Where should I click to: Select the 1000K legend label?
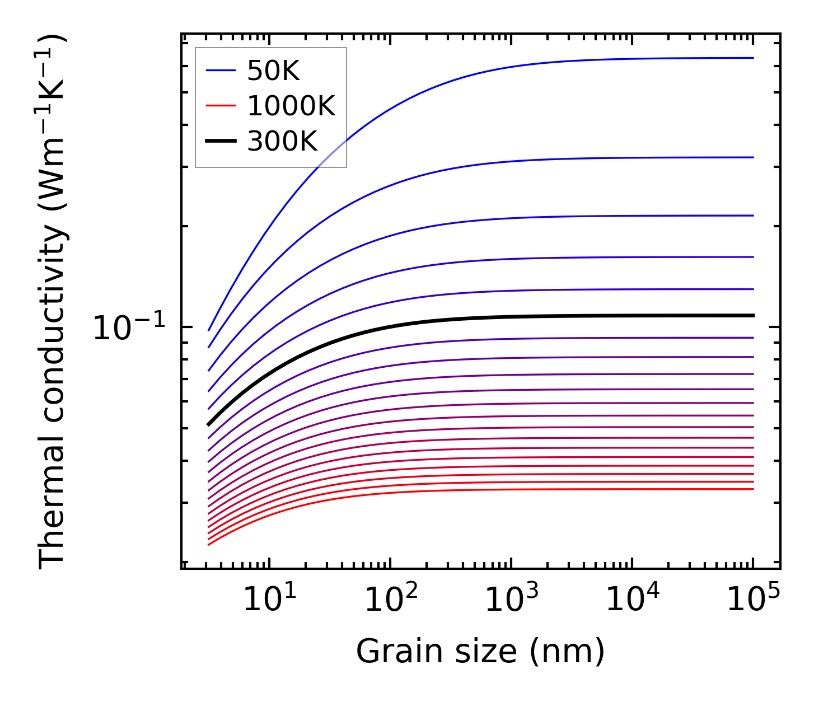(291, 106)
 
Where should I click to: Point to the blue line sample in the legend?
(221, 71)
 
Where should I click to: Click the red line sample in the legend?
(221, 106)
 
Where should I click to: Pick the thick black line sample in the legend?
(221, 141)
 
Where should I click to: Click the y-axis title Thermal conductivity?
(53, 302)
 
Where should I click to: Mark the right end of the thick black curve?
(754, 316)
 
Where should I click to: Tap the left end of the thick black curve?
(208, 425)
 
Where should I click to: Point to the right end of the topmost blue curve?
(754, 58)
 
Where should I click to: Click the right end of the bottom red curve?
(754, 489)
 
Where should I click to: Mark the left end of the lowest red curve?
(208, 544)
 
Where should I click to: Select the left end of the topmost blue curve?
(208, 330)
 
